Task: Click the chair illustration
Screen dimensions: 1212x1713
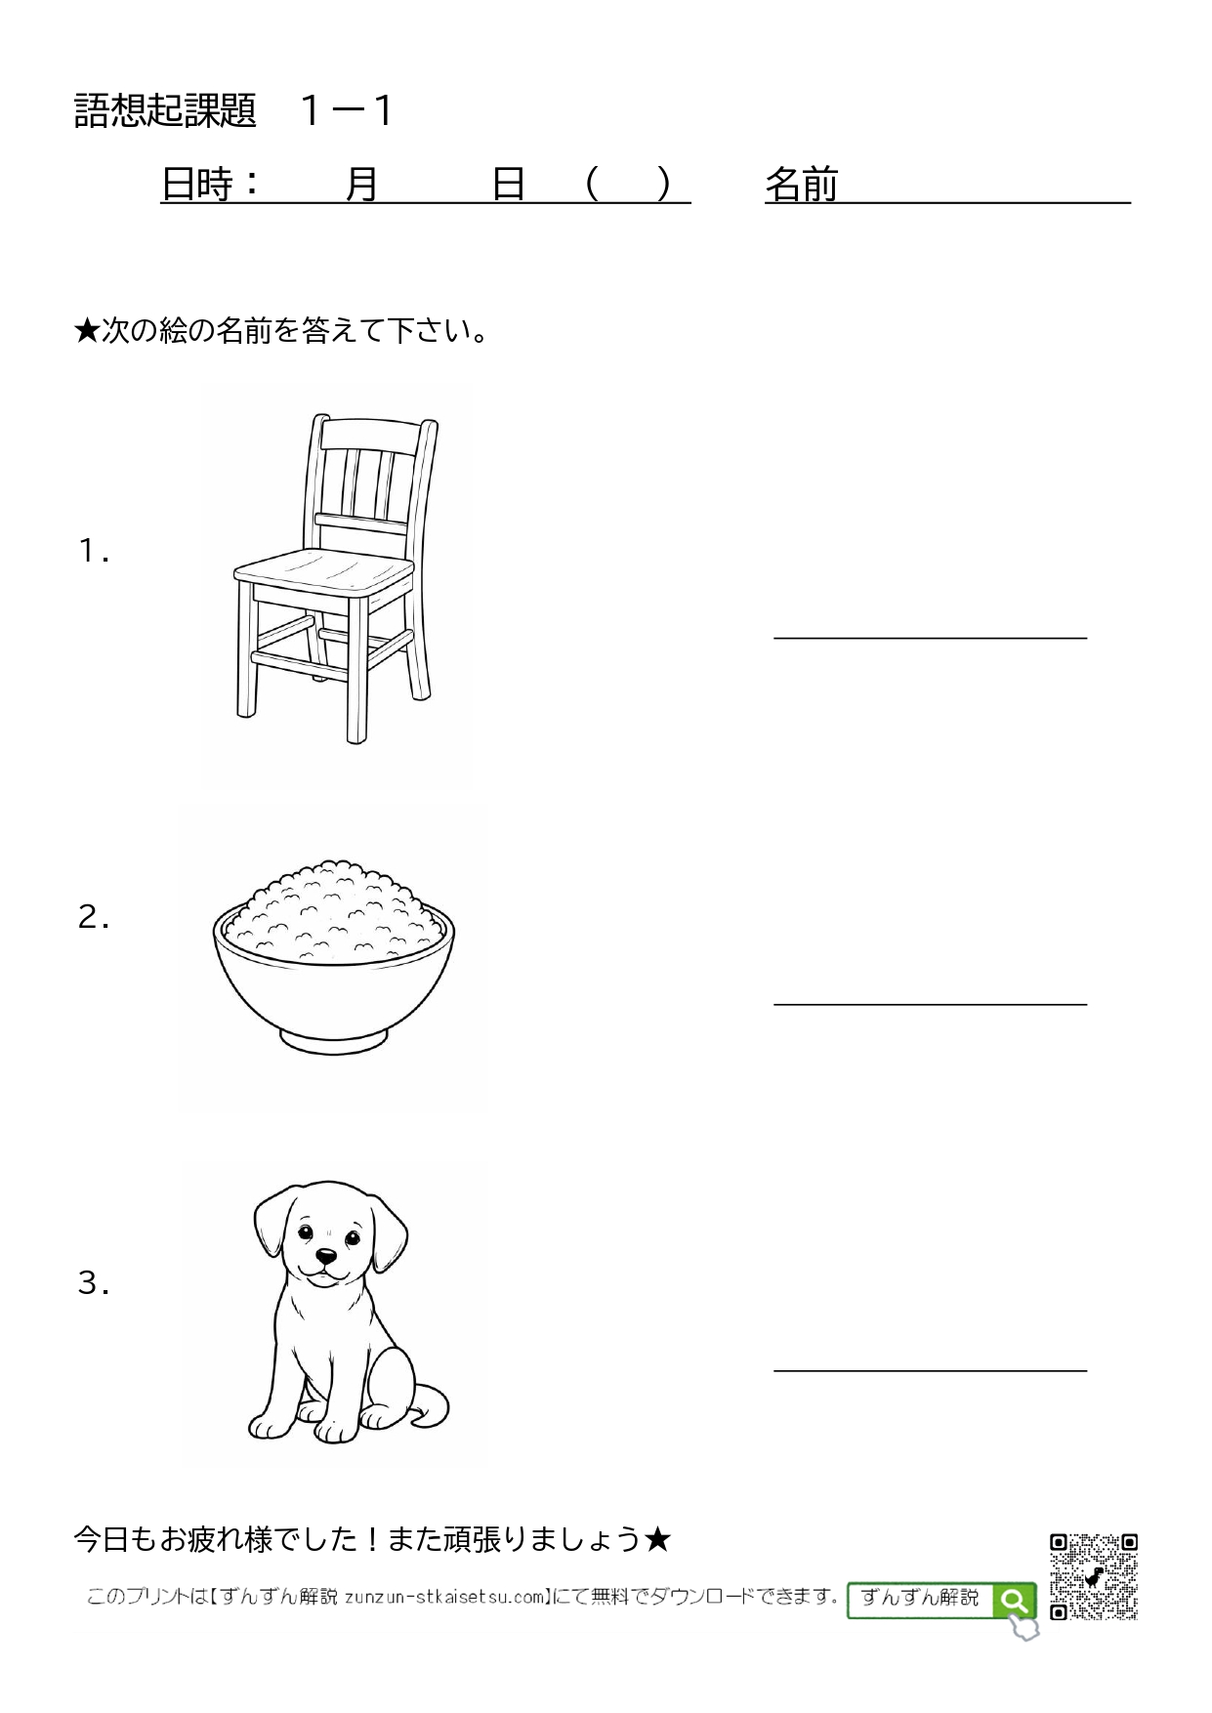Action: coord(335,578)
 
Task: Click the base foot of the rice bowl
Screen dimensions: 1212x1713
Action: coord(332,1041)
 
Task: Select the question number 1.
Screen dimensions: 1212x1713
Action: coord(93,552)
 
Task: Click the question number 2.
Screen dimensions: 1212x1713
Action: coord(93,918)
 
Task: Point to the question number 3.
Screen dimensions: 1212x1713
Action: coord(93,1283)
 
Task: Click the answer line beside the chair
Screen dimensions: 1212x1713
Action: coord(930,638)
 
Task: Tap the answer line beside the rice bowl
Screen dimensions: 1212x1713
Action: coord(930,1004)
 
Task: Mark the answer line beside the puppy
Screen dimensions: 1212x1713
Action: coord(930,1370)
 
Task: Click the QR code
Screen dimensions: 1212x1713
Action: coord(1094,1577)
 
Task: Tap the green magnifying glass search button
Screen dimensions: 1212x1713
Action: coord(1014,1602)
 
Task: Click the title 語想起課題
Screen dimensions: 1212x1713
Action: coord(165,111)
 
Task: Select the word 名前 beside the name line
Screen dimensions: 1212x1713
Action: coord(802,184)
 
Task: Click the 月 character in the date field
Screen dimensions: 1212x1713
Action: coord(362,184)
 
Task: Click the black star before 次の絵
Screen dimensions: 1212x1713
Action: coord(87,332)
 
